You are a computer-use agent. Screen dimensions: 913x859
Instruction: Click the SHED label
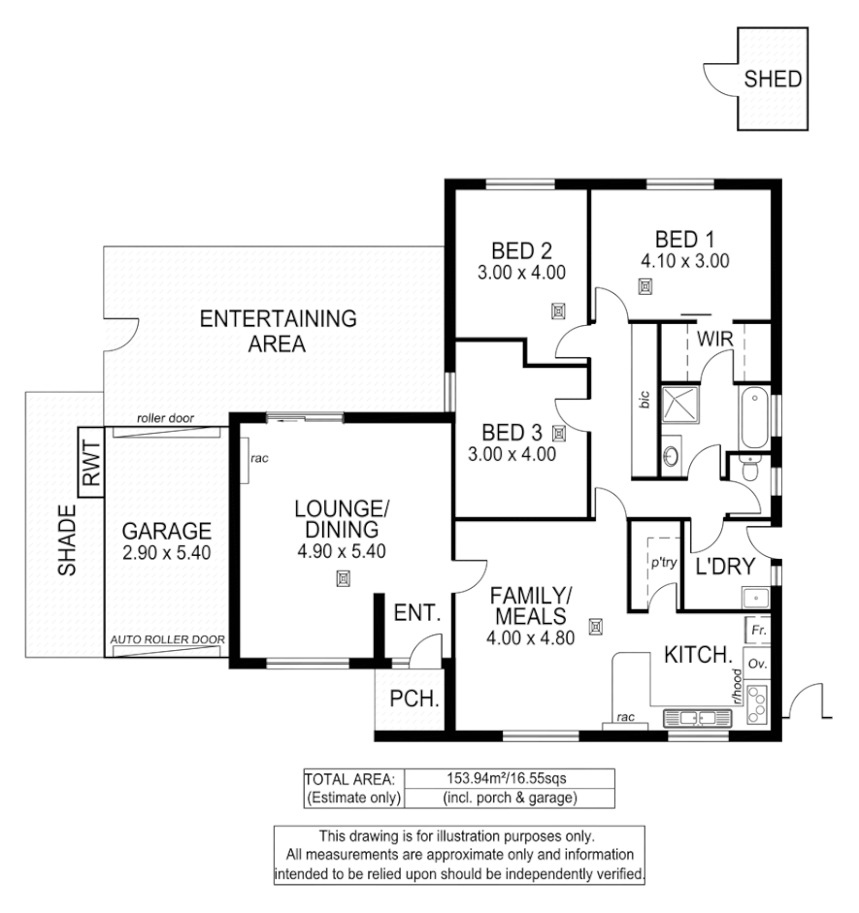point(773,80)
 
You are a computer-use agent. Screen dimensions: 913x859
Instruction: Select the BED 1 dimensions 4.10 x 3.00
point(684,260)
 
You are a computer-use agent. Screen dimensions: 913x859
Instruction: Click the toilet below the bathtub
point(748,471)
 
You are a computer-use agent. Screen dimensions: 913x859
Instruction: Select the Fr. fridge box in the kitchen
point(758,630)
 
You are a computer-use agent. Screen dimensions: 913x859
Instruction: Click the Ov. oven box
point(758,666)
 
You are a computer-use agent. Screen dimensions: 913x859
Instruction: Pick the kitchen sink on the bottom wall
point(696,719)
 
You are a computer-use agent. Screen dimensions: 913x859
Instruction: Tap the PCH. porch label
point(410,698)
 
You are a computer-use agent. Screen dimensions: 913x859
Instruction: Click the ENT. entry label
point(417,613)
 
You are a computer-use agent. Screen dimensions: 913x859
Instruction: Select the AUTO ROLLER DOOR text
point(168,640)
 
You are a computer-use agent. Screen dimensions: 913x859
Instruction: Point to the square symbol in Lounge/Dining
point(342,579)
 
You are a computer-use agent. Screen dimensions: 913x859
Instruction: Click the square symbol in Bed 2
point(558,310)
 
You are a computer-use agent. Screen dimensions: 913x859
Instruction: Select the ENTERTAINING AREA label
point(278,331)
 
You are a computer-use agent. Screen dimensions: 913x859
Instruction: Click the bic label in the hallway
point(644,400)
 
